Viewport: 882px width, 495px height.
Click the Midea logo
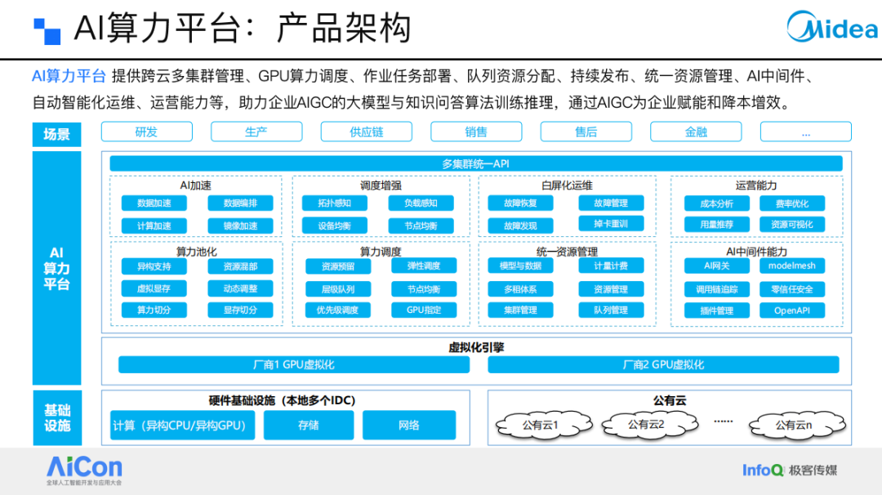pyautogui.click(x=832, y=26)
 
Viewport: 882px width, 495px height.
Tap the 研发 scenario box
pyautogui.click(x=147, y=132)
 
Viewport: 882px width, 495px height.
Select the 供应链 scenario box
pyautogui.click(x=366, y=132)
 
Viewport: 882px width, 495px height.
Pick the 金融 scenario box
pyautogui.click(x=696, y=132)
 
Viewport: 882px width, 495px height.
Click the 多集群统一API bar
pyautogui.click(x=476, y=163)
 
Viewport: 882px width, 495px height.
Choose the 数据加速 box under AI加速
pyautogui.click(x=154, y=203)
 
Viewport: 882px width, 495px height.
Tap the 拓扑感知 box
pyautogui.click(x=335, y=203)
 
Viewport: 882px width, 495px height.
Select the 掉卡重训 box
pyautogui.click(x=611, y=224)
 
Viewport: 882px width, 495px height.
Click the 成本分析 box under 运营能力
pyautogui.click(x=717, y=203)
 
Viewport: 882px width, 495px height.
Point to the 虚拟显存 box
pyautogui.click(x=154, y=288)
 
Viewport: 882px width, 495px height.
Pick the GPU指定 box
pyautogui.click(x=424, y=310)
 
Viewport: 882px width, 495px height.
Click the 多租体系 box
pyautogui.click(x=520, y=289)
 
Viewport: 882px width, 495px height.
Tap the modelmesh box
pyautogui.click(x=792, y=265)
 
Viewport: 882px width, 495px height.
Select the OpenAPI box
pyautogui.click(x=792, y=310)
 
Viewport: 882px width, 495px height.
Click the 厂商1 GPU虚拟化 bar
pyautogui.click(x=294, y=364)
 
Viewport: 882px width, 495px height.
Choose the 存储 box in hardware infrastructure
pyautogui.click(x=309, y=426)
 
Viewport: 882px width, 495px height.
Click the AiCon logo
pyautogui.click(x=84, y=470)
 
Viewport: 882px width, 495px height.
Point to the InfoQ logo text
pyautogui.click(x=763, y=470)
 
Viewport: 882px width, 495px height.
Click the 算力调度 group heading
pyautogui.click(x=381, y=252)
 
